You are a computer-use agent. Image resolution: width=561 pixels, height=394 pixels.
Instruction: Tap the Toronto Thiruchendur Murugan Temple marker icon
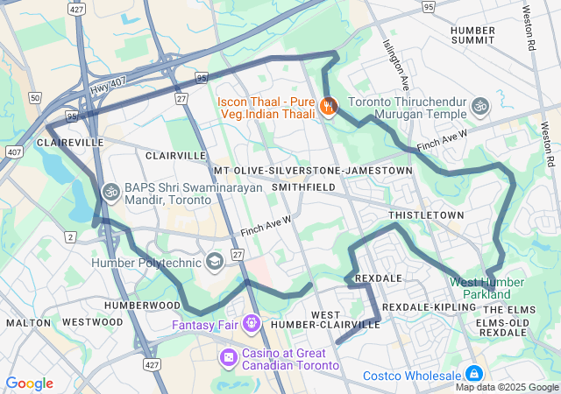[479, 106]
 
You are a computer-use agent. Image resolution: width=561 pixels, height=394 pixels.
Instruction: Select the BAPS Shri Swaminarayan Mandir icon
[110, 190]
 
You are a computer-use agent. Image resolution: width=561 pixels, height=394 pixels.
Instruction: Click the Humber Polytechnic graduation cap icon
[214, 262]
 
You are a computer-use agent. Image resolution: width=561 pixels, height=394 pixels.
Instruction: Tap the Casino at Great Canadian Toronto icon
[228, 357]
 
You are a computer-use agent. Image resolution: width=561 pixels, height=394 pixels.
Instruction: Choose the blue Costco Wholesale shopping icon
[474, 374]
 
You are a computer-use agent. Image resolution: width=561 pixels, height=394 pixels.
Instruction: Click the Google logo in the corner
[29, 383]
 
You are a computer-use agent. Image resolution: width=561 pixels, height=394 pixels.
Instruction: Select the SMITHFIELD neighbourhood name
[303, 187]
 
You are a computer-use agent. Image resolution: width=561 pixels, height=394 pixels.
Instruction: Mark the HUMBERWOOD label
[142, 306]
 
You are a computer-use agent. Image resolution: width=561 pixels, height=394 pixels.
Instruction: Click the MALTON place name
[28, 322]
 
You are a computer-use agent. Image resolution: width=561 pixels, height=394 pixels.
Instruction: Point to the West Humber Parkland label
[486, 287]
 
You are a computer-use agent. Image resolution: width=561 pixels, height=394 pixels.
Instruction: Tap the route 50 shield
[34, 97]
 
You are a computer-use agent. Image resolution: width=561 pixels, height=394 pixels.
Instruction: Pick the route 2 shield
[70, 237]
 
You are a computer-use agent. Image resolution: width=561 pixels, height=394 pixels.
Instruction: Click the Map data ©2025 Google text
[507, 387]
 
